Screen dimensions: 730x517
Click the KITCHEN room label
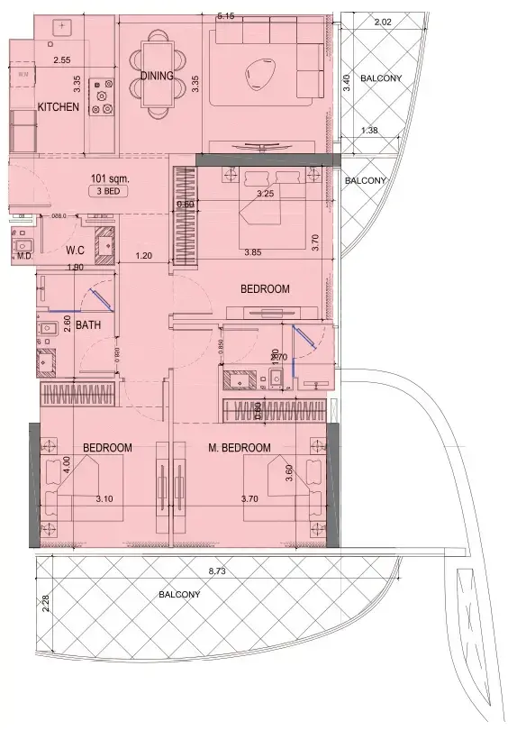(59, 107)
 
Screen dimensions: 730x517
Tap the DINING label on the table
(157, 76)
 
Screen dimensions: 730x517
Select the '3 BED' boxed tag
(107, 192)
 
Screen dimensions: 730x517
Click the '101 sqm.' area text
(107, 178)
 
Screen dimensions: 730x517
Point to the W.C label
(75, 250)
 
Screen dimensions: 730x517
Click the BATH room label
(87, 324)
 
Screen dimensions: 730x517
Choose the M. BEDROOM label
(240, 448)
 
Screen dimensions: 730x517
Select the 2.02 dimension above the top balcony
(382, 22)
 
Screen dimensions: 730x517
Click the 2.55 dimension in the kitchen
(61, 60)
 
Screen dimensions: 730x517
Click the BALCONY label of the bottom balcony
(180, 595)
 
